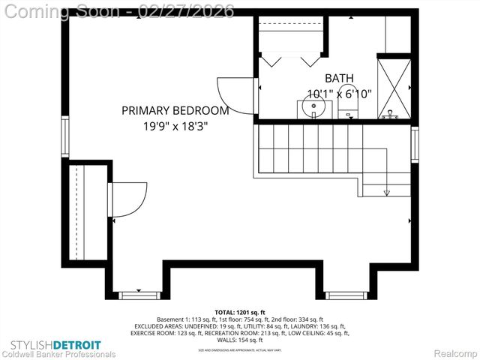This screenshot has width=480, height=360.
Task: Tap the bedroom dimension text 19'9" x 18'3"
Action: [x=175, y=127]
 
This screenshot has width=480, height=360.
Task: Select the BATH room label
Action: [x=339, y=79]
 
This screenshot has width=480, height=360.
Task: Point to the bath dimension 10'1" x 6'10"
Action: [x=339, y=94]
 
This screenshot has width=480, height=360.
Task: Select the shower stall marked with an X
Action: [x=394, y=88]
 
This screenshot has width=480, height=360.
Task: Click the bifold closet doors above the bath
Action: [x=292, y=58]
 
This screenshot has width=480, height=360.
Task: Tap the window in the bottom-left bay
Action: [x=140, y=295]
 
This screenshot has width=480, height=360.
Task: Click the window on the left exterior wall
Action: [x=64, y=134]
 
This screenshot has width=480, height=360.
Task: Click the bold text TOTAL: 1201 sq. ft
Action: [x=240, y=311]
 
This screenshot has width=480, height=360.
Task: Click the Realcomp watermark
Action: [x=452, y=353]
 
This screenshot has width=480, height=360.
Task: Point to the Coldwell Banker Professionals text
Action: [x=58, y=354]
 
